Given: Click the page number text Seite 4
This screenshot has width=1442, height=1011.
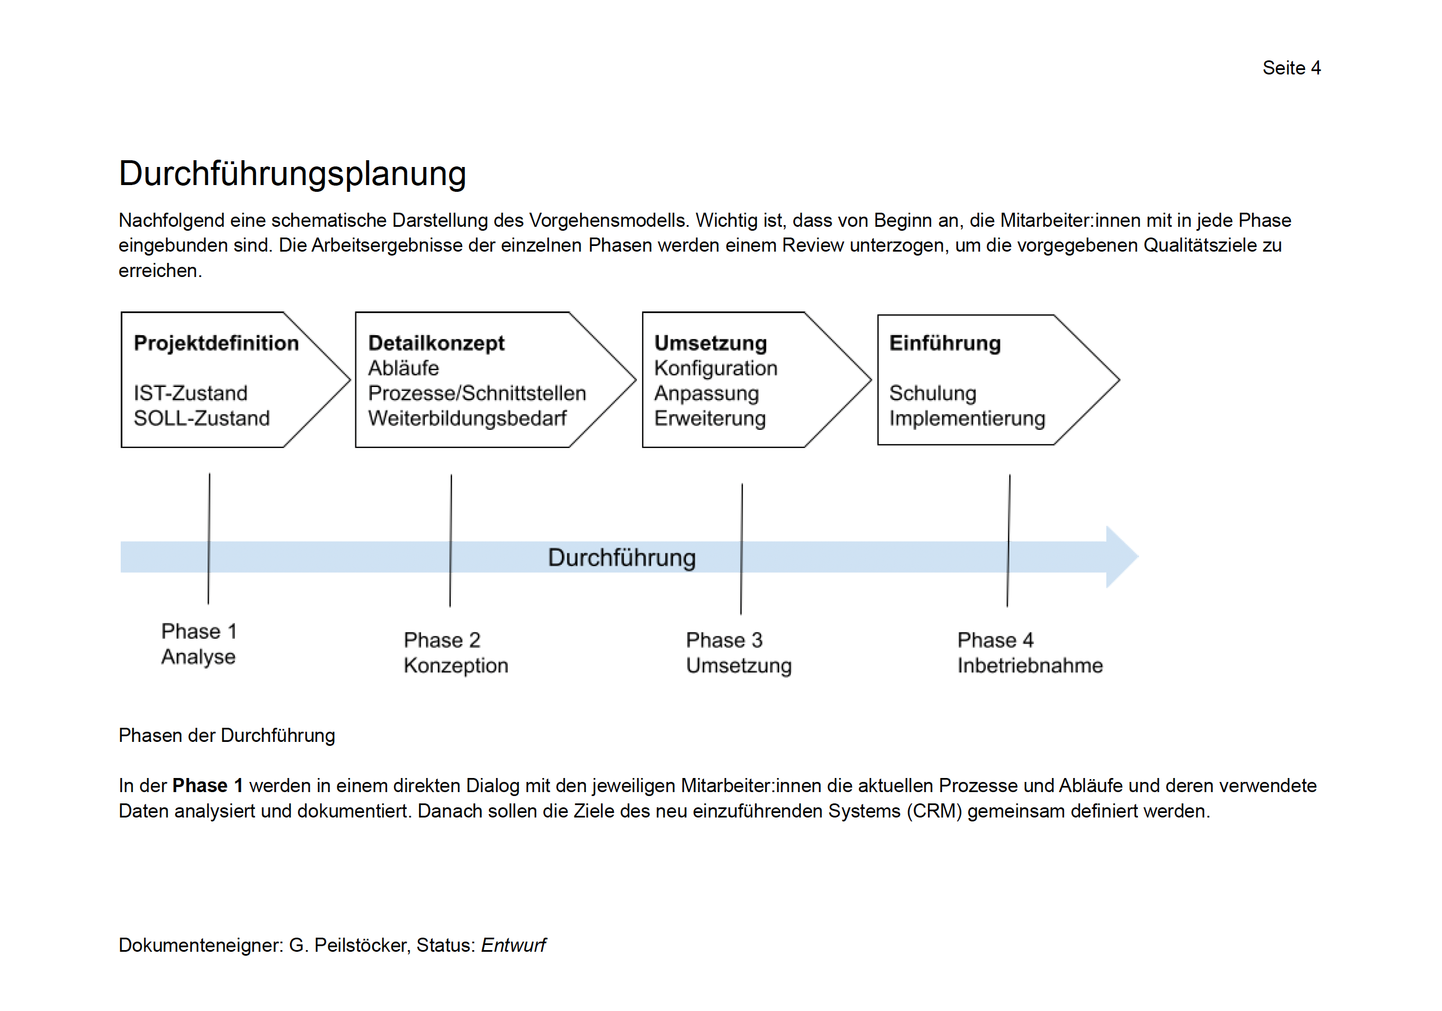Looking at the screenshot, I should click(x=1291, y=68).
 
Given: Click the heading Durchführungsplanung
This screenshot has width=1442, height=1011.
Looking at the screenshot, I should click(x=292, y=174).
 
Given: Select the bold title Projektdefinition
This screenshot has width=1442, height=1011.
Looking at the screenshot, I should click(x=216, y=343).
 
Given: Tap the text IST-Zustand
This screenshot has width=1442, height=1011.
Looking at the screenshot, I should click(x=190, y=393).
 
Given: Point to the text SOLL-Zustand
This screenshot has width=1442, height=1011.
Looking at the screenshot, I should click(x=201, y=418).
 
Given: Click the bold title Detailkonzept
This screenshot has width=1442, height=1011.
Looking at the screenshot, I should click(x=436, y=343).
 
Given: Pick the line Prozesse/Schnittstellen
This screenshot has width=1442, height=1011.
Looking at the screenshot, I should click(x=477, y=393).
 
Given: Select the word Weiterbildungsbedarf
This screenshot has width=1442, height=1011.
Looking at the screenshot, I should click(x=467, y=418).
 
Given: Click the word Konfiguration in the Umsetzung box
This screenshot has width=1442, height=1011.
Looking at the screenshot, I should click(x=715, y=368).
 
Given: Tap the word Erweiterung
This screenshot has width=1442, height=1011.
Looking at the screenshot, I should click(x=710, y=418).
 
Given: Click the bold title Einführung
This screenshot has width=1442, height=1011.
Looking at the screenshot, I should click(x=944, y=343).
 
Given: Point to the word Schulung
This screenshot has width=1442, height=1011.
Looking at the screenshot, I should click(x=933, y=393).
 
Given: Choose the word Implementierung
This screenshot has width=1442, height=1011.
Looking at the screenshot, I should click(x=966, y=418).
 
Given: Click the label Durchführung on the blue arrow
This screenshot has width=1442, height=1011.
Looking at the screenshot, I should click(x=622, y=557).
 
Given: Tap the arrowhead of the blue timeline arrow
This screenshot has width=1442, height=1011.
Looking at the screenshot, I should click(x=1120, y=557).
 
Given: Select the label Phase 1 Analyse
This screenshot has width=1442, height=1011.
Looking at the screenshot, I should click(x=199, y=644).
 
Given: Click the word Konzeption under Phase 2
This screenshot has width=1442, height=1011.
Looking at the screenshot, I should click(x=456, y=666).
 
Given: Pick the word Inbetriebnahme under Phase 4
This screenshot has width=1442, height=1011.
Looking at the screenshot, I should click(x=1030, y=666).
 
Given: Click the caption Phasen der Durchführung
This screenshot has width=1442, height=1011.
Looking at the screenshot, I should click(x=227, y=735).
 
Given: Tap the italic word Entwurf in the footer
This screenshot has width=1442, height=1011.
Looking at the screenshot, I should click(x=513, y=945).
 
